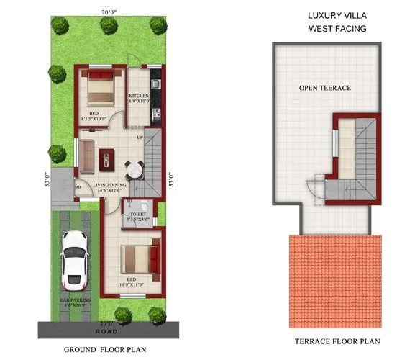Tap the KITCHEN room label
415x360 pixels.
138,96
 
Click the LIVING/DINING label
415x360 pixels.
109,185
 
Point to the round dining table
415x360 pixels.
134,171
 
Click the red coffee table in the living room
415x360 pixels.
107,155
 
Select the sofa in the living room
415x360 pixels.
86,157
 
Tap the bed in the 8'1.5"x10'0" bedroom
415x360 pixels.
99,91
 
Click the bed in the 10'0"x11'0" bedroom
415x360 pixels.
137,258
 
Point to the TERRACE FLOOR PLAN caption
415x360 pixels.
337,341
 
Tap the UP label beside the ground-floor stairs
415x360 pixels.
140,137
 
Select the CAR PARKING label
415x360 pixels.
73,300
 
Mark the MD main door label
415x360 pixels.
78,189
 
